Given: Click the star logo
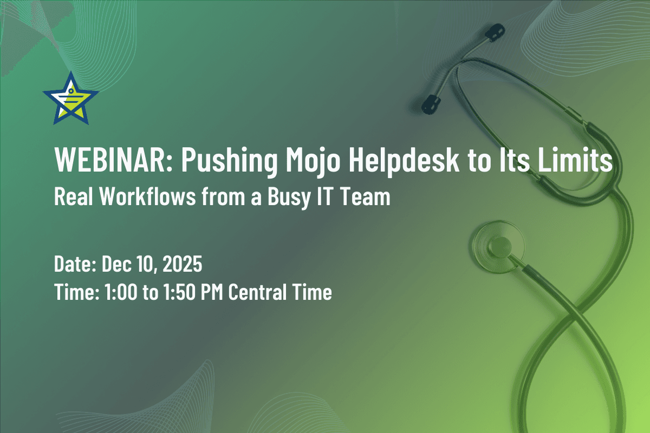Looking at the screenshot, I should click(70, 99).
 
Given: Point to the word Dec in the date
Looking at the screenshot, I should click(115, 266).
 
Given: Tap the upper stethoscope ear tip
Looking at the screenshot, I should click(492, 33).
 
